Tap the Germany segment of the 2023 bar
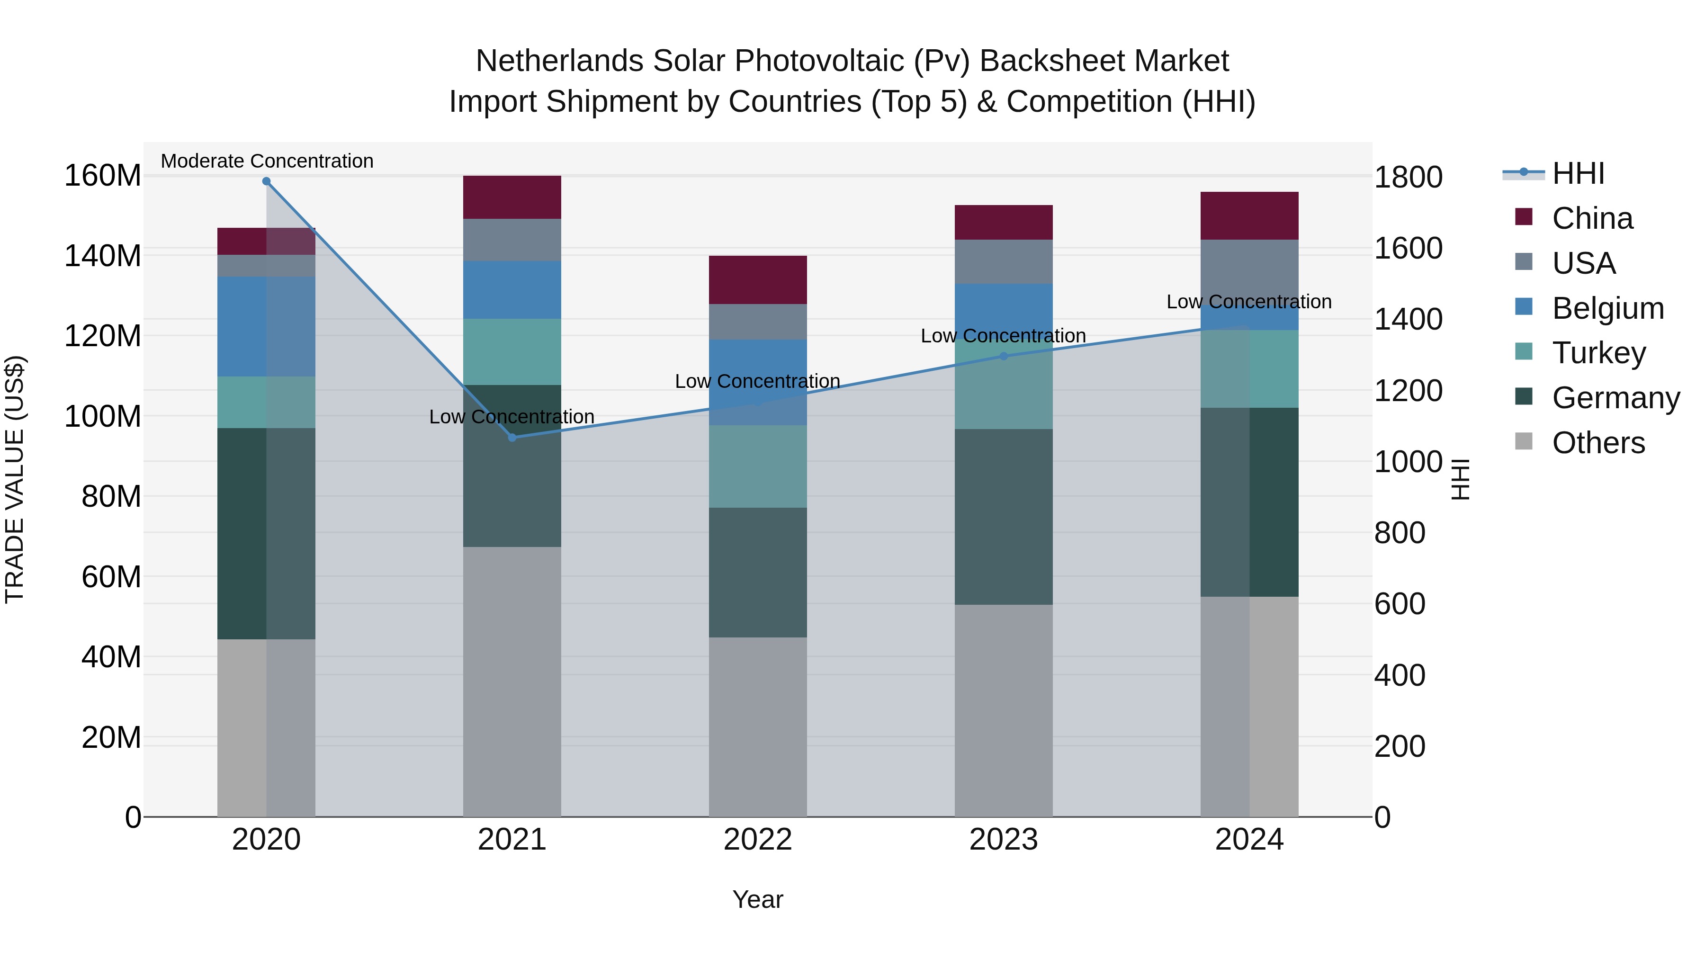1004,516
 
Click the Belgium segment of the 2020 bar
266,326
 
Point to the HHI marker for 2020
266,181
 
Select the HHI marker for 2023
1004,356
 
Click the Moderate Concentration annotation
267,161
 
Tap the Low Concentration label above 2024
1249,302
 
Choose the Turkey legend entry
1598,353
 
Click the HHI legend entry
1578,173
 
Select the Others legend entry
1598,443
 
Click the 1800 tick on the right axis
1408,178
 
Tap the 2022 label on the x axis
758,840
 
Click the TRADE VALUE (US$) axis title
15,480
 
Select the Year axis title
758,899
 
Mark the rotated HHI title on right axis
1460,480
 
